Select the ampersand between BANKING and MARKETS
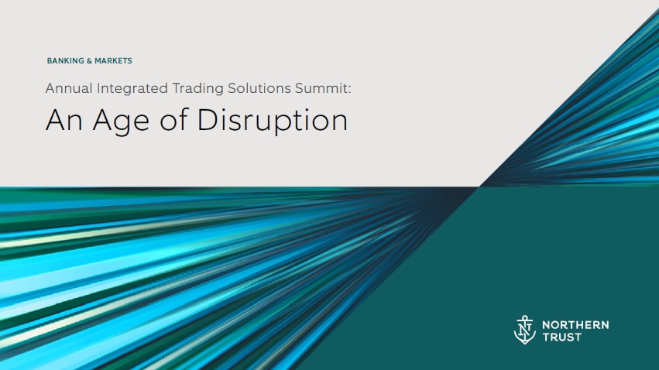(87, 60)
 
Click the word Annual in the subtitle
(68, 88)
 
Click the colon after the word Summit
(350, 90)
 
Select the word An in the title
(60, 121)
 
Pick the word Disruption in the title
(273, 122)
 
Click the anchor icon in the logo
(524, 329)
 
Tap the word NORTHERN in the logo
(575, 324)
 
